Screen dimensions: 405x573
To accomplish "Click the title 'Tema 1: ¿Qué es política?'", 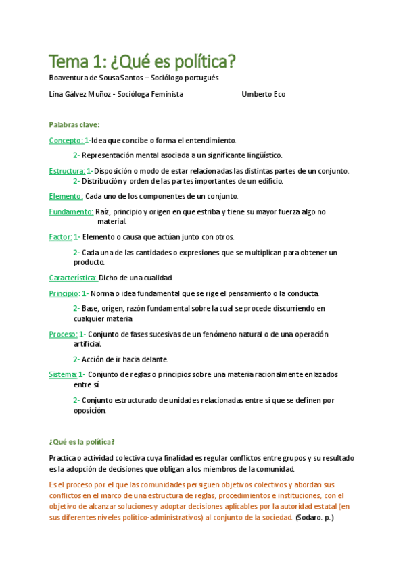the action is click(142, 62).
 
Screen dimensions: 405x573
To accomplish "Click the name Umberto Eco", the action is click(263, 94).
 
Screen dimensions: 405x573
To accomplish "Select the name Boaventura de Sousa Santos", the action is click(95, 78).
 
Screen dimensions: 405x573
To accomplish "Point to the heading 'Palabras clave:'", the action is click(74, 124).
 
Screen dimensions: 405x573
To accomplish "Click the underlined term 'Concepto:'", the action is click(66, 140).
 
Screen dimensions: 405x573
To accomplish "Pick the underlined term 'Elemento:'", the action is click(66, 196).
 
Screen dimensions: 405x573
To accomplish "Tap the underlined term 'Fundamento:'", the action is click(71, 211).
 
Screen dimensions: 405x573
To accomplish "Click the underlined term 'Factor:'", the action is click(60, 236).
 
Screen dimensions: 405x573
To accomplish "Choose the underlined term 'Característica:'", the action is click(73, 278).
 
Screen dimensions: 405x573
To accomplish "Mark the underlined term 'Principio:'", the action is click(64, 293).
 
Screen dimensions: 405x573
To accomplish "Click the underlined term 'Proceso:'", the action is click(63, 334).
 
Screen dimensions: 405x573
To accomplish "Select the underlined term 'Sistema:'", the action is click(63, 374).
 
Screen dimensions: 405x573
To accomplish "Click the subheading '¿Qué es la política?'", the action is click(82, 442).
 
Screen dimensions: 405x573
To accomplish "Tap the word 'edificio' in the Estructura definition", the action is click(268, 181).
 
